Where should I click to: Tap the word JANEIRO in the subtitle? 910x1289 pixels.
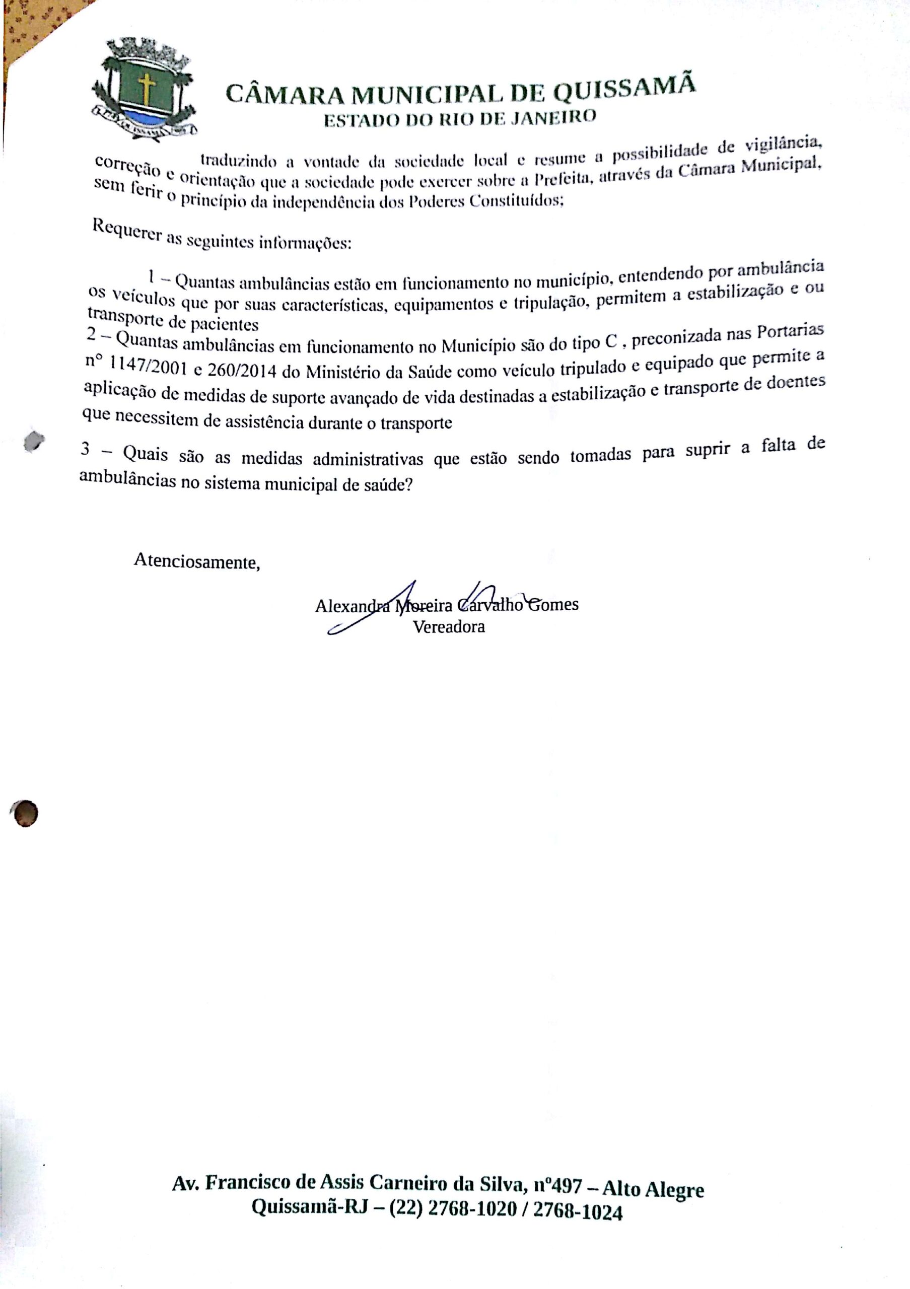click(x=548, y=117)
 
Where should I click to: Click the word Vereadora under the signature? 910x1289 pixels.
click(x=449, y=626)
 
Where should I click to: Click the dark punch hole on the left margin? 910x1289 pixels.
click(x=24, y=813)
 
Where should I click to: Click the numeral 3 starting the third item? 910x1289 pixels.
click(x=85, y=450)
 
